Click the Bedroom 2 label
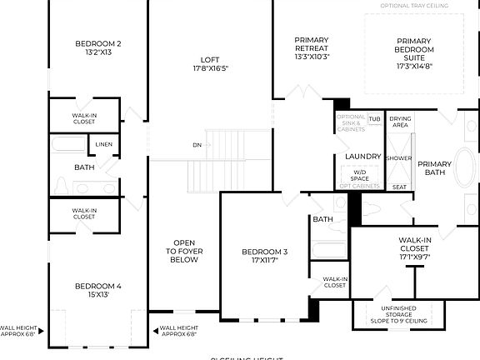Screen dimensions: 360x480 coord(98,47)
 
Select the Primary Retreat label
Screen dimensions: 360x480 coord(312,48)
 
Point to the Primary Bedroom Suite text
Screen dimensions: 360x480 coord(414,53)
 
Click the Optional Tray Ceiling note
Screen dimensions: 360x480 coord(414,6)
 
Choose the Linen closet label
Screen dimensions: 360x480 coord(103,144)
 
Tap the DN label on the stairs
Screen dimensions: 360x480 coord(197,144)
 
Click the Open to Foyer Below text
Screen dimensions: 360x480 coord(184,251)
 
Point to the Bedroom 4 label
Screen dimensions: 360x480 coord(98,291)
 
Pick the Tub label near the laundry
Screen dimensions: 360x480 coord(374,119)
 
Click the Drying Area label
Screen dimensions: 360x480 coord(400,122)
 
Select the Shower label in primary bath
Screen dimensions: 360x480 coord(399,157)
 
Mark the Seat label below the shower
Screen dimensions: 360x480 coord(399,187)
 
